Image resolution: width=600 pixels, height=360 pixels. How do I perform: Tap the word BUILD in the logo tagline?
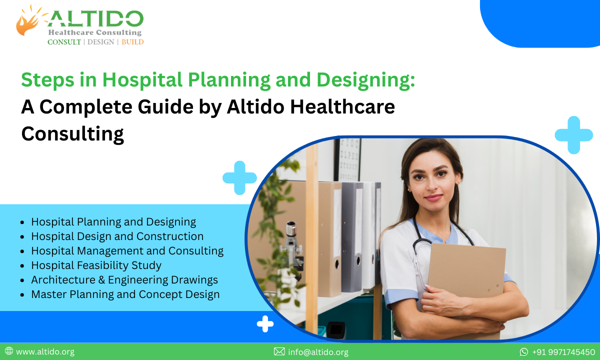132,42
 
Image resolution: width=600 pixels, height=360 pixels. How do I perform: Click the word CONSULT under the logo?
64,42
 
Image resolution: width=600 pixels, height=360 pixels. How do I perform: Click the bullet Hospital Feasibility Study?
96,265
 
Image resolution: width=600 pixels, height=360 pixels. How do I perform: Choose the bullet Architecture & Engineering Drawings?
124,279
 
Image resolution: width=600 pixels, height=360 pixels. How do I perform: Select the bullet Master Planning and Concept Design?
125,294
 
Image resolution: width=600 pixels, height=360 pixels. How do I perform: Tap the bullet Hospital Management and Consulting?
127,250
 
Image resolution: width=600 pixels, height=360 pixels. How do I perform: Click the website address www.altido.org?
45,352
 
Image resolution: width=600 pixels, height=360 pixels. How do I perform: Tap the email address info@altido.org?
318,352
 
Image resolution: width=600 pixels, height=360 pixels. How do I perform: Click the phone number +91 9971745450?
563,352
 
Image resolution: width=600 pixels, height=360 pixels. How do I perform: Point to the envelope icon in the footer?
279,352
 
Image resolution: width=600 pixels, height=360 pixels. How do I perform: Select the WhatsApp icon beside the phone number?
524,352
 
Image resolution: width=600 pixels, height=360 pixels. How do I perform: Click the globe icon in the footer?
9,351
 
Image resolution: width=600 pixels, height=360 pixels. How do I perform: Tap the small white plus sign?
265,324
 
